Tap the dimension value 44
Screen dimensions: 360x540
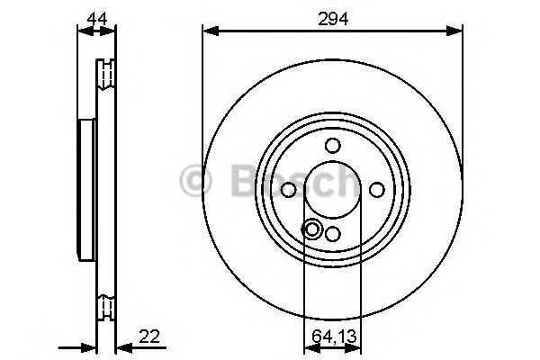click(x=96, y=15)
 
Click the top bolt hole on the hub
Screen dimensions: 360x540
click(x=332, y=145)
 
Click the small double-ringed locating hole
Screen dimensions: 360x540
click(x=312, y=229)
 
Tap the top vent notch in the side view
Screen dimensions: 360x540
click(x=108, y=69)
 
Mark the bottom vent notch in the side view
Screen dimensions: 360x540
click(x=108, y=307)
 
